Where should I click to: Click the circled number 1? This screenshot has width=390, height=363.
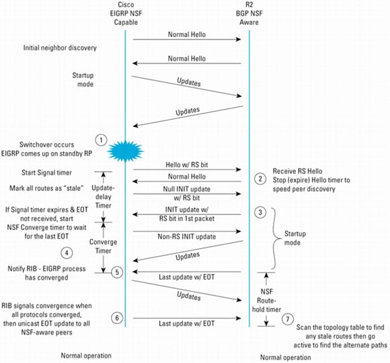tap(101, 140)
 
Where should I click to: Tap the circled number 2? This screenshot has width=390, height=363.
tap(260, 179)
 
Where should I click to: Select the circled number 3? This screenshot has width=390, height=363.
tap(260, 212)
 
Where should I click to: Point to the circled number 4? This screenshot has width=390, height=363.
tap(67, 253)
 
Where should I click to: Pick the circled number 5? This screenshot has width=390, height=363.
tap(117, 272)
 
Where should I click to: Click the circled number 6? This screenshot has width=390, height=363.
tap(117, 318)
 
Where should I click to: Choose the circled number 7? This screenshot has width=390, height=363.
tap(288, 319)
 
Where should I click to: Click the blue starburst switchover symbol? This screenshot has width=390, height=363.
tap(125, 151)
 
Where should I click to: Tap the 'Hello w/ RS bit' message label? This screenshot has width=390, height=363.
tap(187, 165)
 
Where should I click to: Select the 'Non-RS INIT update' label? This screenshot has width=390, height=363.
tap(187, 237)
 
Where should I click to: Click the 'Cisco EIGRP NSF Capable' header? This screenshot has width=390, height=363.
tap(126, 13)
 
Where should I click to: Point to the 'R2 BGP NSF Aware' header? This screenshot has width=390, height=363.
tap(249, 13)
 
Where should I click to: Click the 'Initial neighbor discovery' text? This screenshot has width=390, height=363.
tap(60, 48)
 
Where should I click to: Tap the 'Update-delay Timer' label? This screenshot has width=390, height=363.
tap(104, 197)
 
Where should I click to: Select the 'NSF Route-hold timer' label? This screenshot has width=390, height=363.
tap(267, 300)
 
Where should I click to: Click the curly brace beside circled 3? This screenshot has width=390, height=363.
tap(276, 239)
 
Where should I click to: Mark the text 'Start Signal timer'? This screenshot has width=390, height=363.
tap(46, 173)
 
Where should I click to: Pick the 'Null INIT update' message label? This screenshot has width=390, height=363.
tap(187, 189)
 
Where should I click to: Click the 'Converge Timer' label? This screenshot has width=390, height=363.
tap(104, 246)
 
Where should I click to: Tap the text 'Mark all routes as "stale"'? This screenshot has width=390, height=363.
tap(46, 188)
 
